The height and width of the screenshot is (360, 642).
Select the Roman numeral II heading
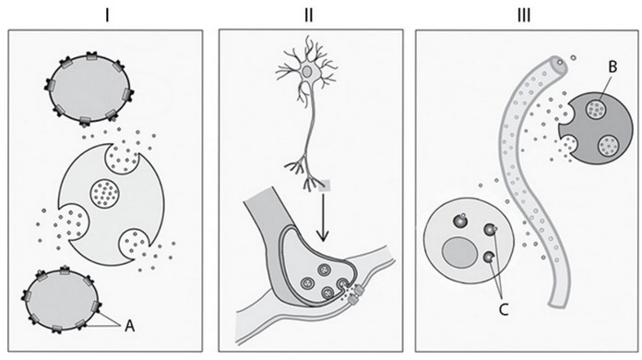click(x=309, y=15)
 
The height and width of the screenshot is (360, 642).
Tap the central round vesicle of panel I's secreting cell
click(x=106, y=195)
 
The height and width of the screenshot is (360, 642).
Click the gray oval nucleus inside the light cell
click(x=458, y=252)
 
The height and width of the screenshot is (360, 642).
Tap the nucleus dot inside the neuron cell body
click(x=307, y=71)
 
